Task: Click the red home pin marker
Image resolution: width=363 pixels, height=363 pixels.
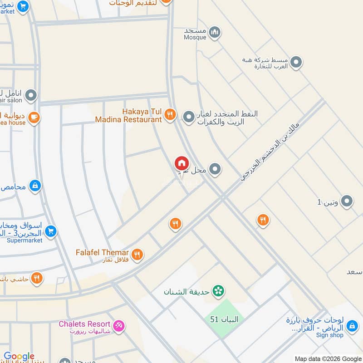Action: [x=181, y=163]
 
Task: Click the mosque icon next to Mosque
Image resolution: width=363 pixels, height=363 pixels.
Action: [x=215, y=32]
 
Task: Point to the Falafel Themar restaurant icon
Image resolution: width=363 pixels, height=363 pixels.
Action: [x=137, y=255]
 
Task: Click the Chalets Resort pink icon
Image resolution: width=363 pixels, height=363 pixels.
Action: [x=119, y=326]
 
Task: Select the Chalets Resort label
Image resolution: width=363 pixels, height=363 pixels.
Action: [x=84, y=324]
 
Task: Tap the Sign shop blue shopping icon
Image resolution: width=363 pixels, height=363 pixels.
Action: [x=352, y=325]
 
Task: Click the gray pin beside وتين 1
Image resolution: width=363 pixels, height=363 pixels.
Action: [x=347, y=201]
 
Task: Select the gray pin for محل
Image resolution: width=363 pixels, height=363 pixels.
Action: [x=216, y=170]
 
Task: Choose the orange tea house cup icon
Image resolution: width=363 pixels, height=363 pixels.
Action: [x=34, y=118]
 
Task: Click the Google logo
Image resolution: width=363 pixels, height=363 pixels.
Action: [x=19, y=357]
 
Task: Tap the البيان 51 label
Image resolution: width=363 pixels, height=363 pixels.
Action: [x=224, y=319]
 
